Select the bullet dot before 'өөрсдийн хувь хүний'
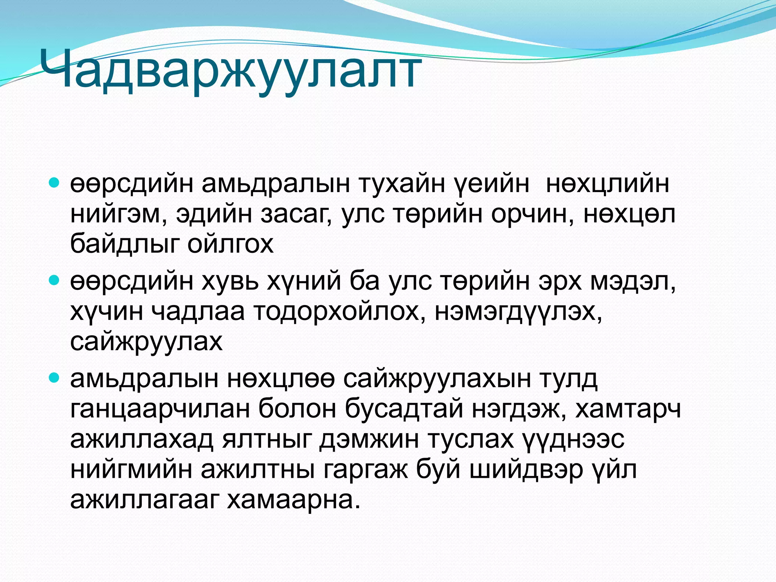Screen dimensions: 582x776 (55, 281)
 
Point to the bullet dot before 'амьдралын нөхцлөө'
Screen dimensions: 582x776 (55, 378)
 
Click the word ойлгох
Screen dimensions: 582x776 (230, 244)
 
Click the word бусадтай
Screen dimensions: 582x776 (404, 409)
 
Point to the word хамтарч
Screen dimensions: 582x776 (628, 409)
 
